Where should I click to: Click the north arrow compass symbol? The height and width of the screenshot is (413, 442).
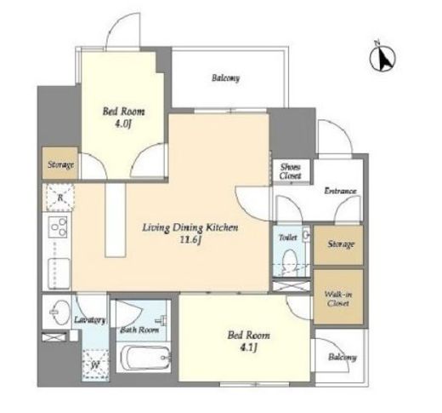click(x=382, y=58)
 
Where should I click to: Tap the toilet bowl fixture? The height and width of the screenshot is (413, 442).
click(x=290, y=261)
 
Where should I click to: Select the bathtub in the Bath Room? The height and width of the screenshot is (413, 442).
click(x=144, y=357)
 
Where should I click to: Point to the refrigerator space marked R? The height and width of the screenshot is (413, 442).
click(x=59, y=198)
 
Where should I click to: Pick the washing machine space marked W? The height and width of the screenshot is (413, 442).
click(x=95, y=364)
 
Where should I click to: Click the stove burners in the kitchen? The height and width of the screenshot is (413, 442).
click(x=58, y=227)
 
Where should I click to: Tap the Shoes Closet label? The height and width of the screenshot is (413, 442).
click(x=290, y=171)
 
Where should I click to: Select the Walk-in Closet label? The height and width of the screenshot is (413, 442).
click(x=338, y=299)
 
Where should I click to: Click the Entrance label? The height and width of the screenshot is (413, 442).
click(x=340, y=191)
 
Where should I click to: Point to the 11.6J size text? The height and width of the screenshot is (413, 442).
click(x=190, y=240)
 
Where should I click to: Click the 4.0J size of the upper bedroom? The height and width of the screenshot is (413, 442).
click(x=123, y=124)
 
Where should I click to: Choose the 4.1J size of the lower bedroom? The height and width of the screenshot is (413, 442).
click(x=248, y=347)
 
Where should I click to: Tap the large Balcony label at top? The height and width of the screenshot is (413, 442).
click(x=225, y=77)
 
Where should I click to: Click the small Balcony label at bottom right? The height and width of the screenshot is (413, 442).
click(x=342, y=357)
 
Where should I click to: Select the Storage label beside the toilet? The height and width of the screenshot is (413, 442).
click(x=341, y=244)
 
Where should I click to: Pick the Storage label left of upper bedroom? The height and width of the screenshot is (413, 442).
click(x=60, y=164)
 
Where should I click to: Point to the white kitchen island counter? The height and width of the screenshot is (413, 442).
click(x=116, y=221)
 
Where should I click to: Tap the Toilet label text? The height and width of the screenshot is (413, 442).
click(x=288, y=238)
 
